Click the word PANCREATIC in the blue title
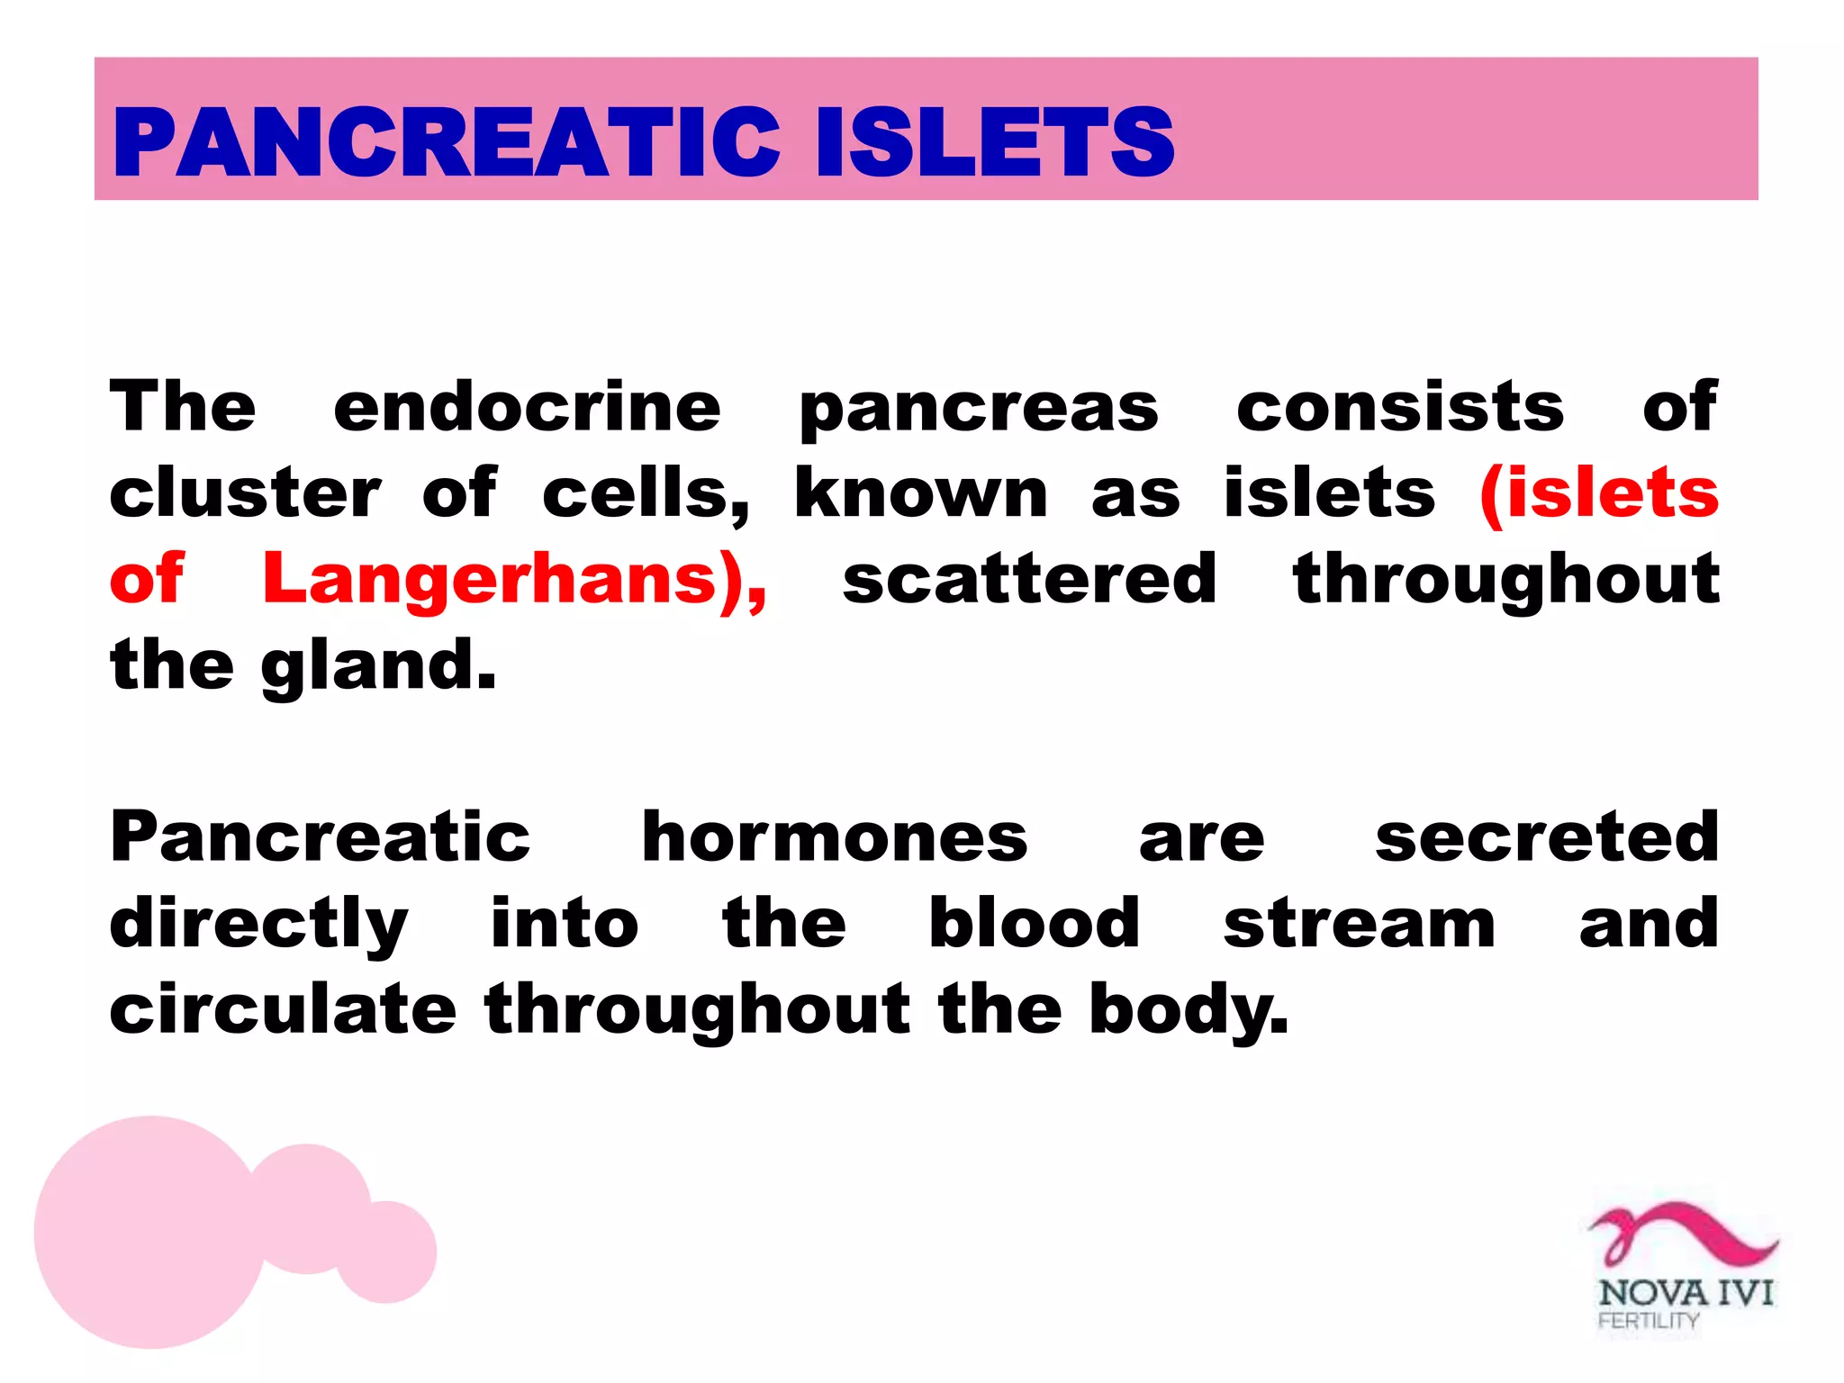click(446, 142)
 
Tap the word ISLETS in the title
click(994, 142)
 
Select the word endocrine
click(527, 407)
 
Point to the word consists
click(1400, 407)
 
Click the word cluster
click(245, 493)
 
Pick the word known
click(921, 493)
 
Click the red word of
click(147, 579)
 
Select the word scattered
click(1029, 579)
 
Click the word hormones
click(834, 837)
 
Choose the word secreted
click(1547, 837)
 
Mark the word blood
click(1035, 924)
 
